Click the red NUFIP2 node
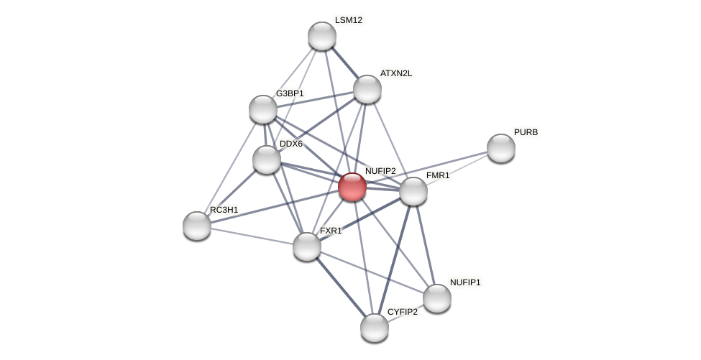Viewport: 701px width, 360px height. (x=352, y=187)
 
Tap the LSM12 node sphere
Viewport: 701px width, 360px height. (x=322, y=36)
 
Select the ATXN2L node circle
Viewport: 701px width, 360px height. (x=367, y=89)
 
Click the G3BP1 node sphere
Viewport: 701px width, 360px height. (x=263, y=109)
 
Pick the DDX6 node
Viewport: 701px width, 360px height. (x=267, y=160)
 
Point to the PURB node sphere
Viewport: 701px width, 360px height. (x=501, y=148)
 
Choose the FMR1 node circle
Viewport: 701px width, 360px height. (x=413, y=191)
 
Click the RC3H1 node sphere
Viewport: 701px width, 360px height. (x=197, y=226)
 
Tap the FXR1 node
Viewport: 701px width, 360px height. (x=307, y=246)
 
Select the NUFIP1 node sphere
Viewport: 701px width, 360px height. (x=437, y=298)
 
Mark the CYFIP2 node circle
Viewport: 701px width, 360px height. (x=375, y=328)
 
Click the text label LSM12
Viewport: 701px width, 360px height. (x=349, y=20)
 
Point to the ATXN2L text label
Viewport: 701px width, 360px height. (x=396, y=73)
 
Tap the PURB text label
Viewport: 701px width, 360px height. (x=526, y=132)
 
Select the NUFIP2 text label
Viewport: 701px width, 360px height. (x=380, y=171)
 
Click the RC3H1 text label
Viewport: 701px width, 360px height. (x=224, y=210)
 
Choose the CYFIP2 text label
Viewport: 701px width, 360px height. (x=403, y=312)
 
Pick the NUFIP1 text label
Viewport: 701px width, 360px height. (x=465, y=282)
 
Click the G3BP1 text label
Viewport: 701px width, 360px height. (x=290, y=93)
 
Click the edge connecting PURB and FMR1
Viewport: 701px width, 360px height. (x=457, y=170)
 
